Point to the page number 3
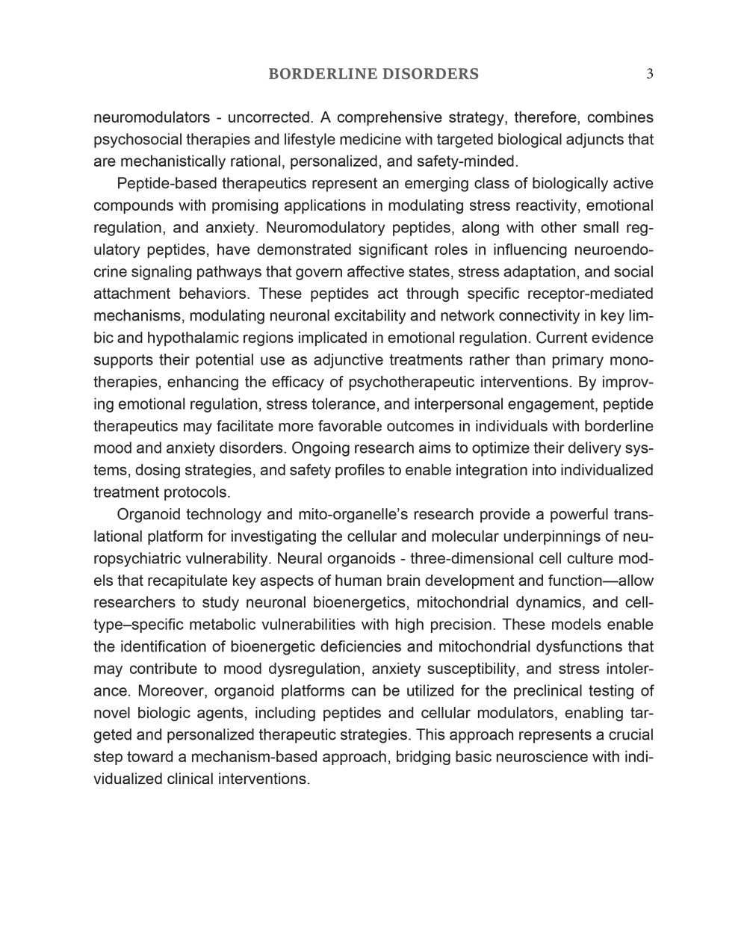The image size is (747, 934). click(x=650, y=73)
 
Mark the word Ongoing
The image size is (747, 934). click(x=316, y=448)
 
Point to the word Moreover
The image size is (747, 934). click(x=164, y=691)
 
